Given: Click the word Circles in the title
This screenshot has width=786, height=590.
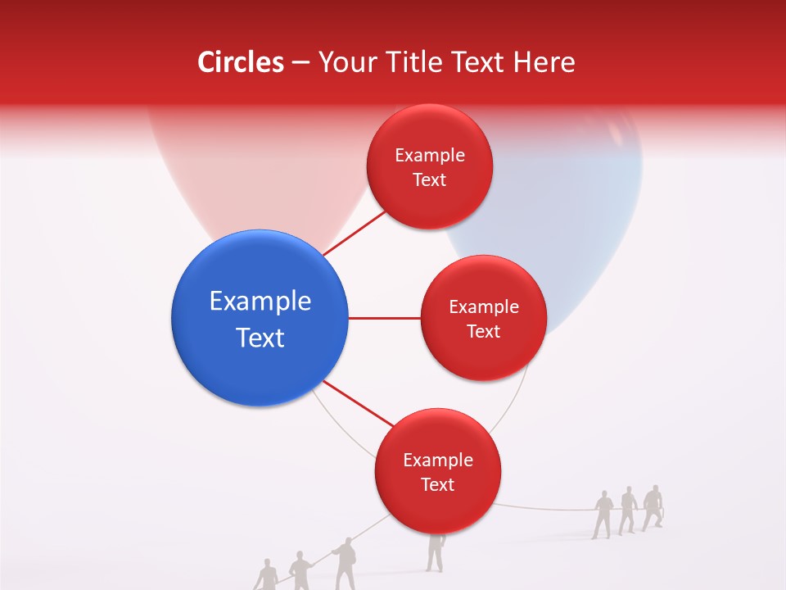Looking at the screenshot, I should pos(240,62).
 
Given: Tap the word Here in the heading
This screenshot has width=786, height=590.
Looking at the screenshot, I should pos(544,62).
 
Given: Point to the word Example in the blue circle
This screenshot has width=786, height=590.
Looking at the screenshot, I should pos(260,302).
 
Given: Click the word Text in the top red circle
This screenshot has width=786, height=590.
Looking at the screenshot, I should pos(429,180).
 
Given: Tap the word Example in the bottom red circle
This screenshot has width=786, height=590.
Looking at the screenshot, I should pos(438,461).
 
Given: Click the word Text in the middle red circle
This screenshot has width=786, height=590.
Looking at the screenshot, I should pos(483,332).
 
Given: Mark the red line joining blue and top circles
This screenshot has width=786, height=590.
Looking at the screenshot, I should pos(355,233).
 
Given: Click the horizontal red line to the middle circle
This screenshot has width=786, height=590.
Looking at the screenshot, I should pos(384,318).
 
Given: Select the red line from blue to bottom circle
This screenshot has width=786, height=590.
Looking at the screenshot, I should pos(359,403).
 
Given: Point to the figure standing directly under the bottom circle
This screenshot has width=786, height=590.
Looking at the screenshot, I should pos(435,553).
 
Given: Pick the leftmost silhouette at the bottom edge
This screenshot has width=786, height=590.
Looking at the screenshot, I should pos(267,575).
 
